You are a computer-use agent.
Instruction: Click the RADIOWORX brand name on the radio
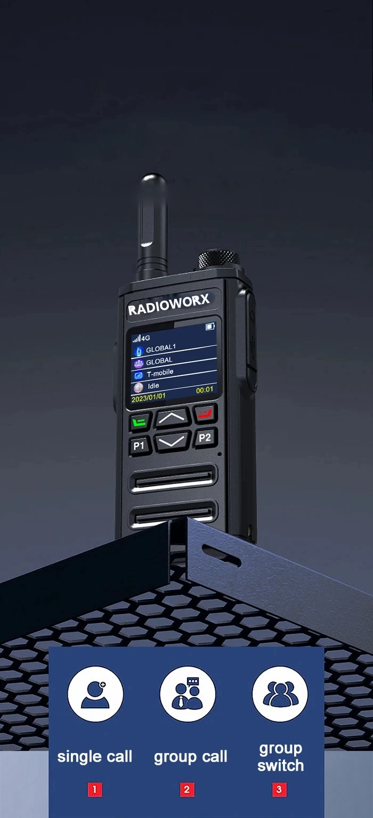[x=169, y=304]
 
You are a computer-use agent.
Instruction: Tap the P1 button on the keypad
[x=140, y=446]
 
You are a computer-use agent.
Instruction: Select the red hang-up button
[x=205, y=414]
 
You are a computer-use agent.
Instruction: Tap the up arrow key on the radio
[x=172, y=418]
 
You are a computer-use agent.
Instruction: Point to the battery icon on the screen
[x=210, y=326]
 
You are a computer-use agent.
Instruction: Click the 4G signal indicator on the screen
[x=141, y=338]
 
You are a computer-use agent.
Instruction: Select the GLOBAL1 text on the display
[x=161, y=348]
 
